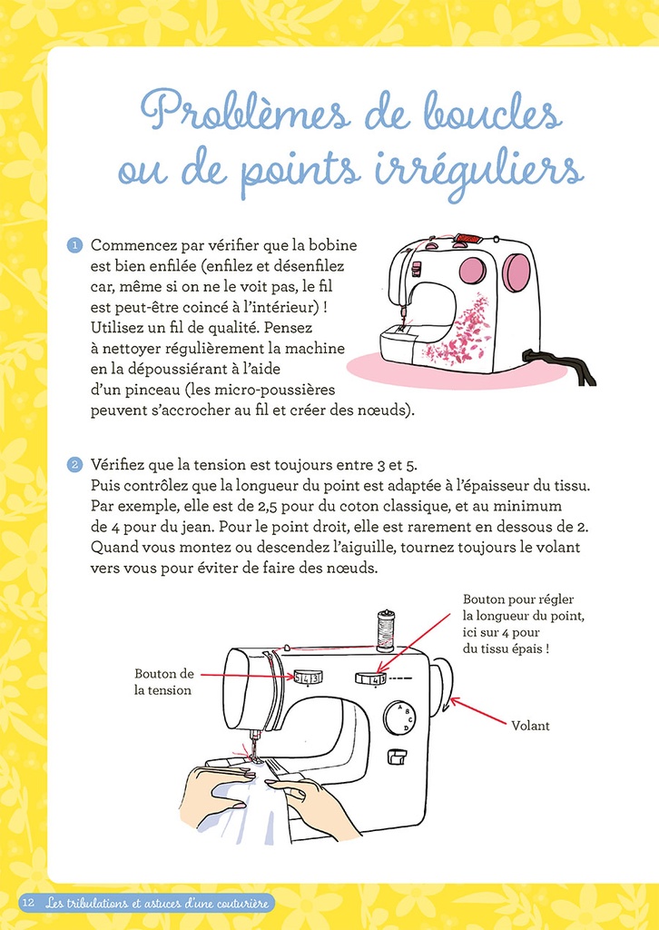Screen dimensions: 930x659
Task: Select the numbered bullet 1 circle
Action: coord(75,246)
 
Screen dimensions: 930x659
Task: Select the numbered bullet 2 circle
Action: coord(75,465)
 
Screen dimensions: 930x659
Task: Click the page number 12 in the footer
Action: coord(27,903)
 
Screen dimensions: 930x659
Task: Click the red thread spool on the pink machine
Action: coord(466,241)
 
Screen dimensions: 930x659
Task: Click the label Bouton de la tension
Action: coord(164,681)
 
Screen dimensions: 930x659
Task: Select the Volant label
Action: coord(530,726)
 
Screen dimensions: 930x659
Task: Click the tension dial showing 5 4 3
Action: coord(307,678)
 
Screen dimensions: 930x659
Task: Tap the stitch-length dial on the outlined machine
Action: coord(370,678)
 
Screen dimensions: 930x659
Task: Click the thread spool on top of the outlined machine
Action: coord(386,630)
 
